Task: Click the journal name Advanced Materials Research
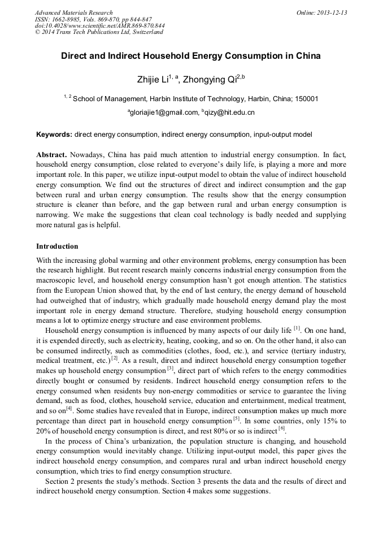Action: coord(73,12)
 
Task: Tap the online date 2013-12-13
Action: coord(331,12)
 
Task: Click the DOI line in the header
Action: coord(99,25)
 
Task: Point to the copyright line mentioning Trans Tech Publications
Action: coord(99,32)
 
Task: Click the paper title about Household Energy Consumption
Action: coord(191,56)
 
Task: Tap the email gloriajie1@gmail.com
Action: coord(163,112)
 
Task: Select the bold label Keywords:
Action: coord(54,135)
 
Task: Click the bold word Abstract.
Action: coord(52,154)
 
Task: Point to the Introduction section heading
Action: coord(57,246)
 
